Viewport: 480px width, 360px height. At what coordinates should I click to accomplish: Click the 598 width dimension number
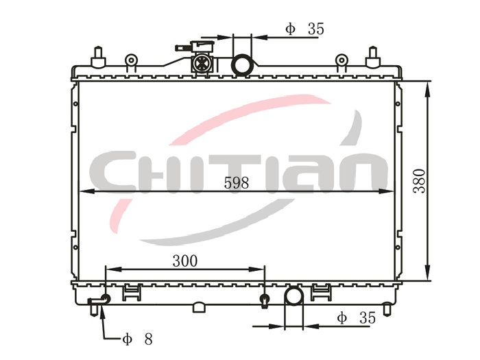(237, 183)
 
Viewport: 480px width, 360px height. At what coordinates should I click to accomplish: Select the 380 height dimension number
(420, 181)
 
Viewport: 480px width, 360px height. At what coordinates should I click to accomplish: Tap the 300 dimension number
(185, 261)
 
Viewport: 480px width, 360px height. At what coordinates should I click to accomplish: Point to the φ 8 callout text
(137, 339)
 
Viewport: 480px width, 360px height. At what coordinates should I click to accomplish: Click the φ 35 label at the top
(304, 29)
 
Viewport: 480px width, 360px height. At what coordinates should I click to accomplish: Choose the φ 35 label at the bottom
(357, 318)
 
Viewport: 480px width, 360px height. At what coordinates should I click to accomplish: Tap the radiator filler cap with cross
(201, 63)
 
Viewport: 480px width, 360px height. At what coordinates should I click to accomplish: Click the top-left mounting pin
(98, 57)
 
